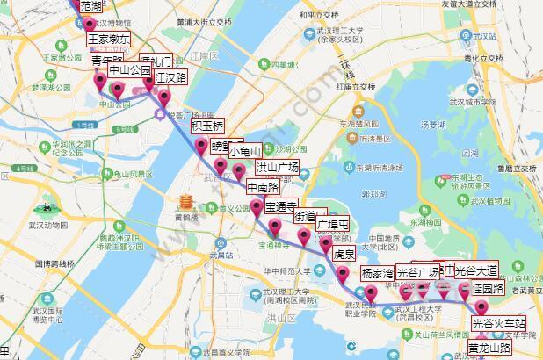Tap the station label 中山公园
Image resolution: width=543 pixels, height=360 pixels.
point(129,70)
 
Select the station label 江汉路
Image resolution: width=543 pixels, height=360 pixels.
point(171,77)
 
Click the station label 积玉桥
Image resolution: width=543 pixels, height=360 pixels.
point(207,125)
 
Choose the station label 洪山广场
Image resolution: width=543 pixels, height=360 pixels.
point(277,166)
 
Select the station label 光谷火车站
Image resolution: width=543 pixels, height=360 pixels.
point(498,323)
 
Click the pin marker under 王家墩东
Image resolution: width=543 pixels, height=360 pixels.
point(90,24)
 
